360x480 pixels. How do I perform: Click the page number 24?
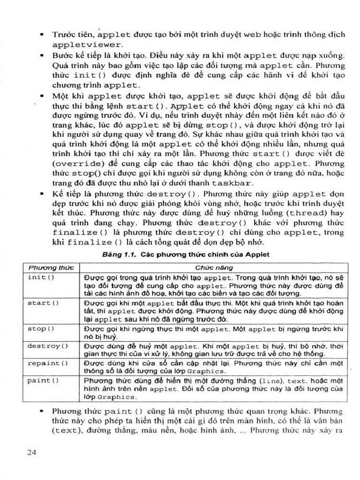(x=32, y=452)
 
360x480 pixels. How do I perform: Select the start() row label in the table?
(x=43, y=303)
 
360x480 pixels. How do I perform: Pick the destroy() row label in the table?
(x=47, y=346)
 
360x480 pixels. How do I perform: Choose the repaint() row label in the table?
(x=47, y=363)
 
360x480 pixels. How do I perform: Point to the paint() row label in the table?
(x=43, y=380)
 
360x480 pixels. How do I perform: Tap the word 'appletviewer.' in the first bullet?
(x=88, y=45)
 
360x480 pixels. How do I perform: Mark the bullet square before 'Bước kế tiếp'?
(x=42, y=55)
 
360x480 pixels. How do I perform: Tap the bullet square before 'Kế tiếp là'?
(x=42, y=193)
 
